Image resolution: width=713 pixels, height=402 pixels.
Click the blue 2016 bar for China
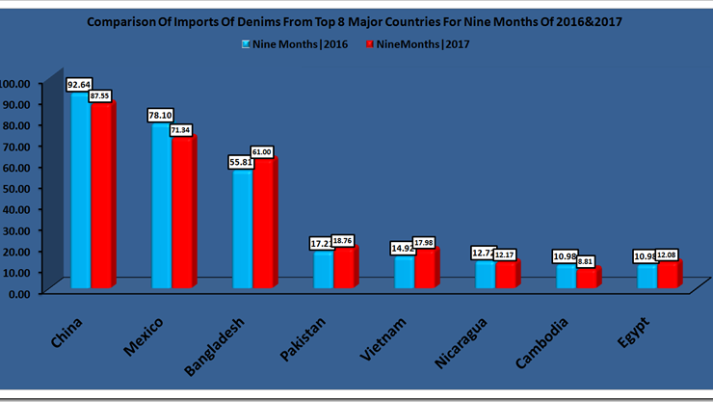click(x=80, y=193)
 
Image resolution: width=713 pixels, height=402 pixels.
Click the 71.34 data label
click(x=182, y=129)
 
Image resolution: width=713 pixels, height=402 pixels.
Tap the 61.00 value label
click(x=262, y=151)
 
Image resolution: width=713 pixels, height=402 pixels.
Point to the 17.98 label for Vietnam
click(x=425, y=242)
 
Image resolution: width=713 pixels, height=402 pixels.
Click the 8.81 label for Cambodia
click(x=587, y=260)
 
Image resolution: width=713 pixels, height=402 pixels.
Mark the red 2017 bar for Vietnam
click(x=424, y=269)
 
